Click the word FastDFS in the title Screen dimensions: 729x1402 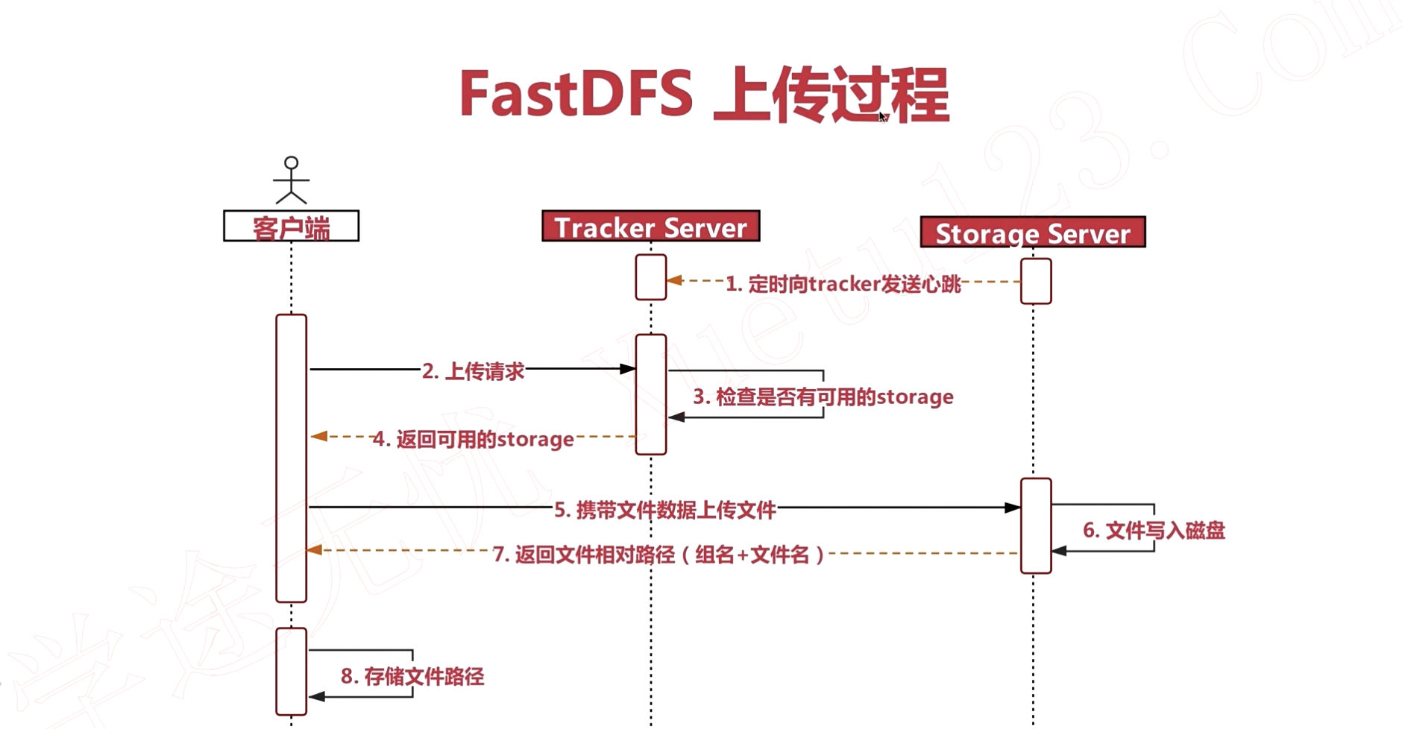(576, 94)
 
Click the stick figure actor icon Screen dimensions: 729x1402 (291, 180)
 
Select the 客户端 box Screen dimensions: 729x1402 (291, 227)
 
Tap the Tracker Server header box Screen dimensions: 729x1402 (650, 227)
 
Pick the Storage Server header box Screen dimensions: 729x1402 (1032, 233)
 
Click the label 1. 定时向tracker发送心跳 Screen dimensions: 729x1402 (843, 284)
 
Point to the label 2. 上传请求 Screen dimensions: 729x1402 (473, 370)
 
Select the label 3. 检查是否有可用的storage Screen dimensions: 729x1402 (823, 397)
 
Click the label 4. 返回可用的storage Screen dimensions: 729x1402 (473, 439)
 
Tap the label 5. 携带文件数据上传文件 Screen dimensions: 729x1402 (664, 510)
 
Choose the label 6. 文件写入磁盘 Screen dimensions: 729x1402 (1153, 531)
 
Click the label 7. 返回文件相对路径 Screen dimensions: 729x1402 (658, 555)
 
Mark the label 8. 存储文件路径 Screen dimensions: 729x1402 (412, 676)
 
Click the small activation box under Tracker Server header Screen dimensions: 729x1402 (650, 277)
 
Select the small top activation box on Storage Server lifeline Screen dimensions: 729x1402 (1036, 281)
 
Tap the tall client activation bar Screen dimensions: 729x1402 (291, 458)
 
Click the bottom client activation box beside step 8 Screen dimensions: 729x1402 (291, 671)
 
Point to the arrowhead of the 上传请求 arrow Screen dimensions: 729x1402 (628, 369)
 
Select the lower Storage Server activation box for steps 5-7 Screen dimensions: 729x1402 (1036, 526)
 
